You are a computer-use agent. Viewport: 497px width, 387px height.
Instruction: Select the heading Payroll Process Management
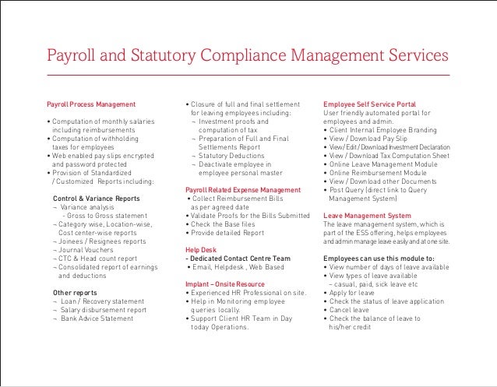point(91,104)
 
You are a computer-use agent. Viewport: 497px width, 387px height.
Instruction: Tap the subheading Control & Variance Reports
point(97,199)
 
